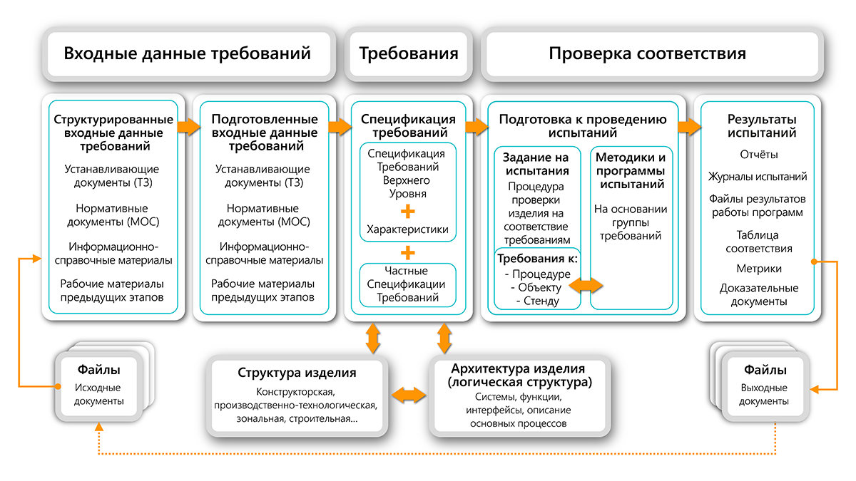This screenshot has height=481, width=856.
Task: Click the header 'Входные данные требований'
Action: (188, 53)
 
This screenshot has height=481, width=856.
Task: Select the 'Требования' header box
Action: (408, 53)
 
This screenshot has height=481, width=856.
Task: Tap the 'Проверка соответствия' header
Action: (648, 53)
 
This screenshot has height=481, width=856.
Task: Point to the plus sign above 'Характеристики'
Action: (407, 211)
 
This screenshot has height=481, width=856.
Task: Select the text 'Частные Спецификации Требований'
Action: (407, 284)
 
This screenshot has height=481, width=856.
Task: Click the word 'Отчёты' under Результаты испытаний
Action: (758, 155)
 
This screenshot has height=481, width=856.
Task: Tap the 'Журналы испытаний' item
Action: (758, 177)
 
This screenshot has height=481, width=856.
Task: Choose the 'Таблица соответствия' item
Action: (758, 242)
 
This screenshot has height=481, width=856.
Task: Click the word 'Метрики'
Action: (759, 269)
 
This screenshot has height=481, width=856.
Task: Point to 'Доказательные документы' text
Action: (758, 294)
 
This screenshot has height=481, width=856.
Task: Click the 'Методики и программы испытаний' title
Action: (631, 170)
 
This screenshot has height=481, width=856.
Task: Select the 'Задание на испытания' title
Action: (536, 164)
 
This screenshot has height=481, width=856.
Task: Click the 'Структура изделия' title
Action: (297, 373)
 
